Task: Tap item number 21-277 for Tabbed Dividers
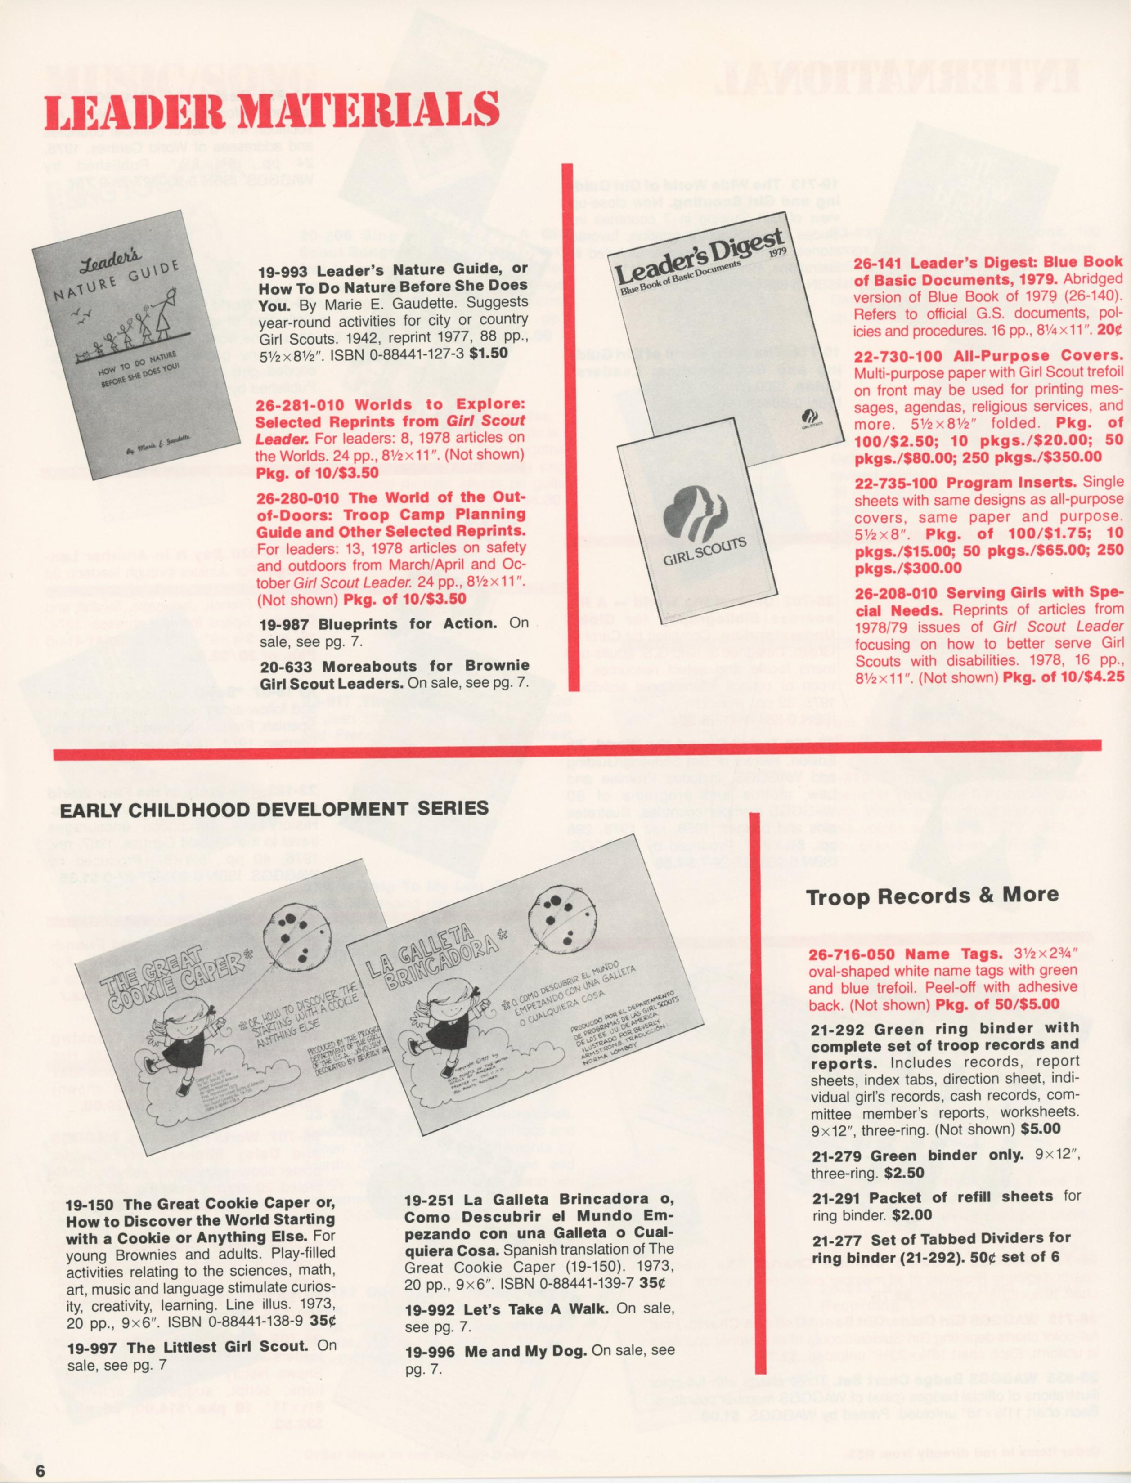836,1239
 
